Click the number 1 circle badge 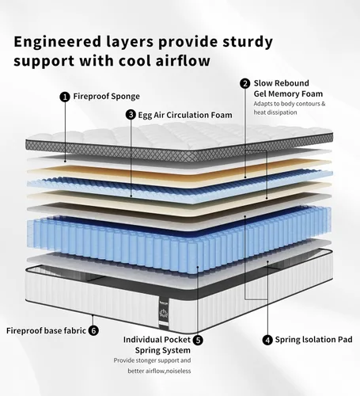click(x=65, y=97)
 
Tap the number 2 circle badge click(x=245, y=84)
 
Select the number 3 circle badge click(x=131, y=115)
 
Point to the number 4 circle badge click(x=267, y=340)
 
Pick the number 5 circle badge click(x=198, y=340)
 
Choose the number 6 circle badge click(x=93, y=330)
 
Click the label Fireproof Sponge click(x=107, y=97)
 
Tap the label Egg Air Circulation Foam click(x=185, y=116)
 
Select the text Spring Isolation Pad click(x=313, y=340)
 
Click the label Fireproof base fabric click(x=46, y=330)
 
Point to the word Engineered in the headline click(x=58, y=42)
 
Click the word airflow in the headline click(x=183, y=61)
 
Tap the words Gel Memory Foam click(x=288, y=94)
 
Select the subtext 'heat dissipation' click(x=275, y=112)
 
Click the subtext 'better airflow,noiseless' click(x=159, y=371)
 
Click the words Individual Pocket click(x=157, y=340)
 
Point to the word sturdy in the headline click(x=248, y=42)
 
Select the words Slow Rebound click(x=282, y=83)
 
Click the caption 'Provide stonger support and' click(x=152, y=360)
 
